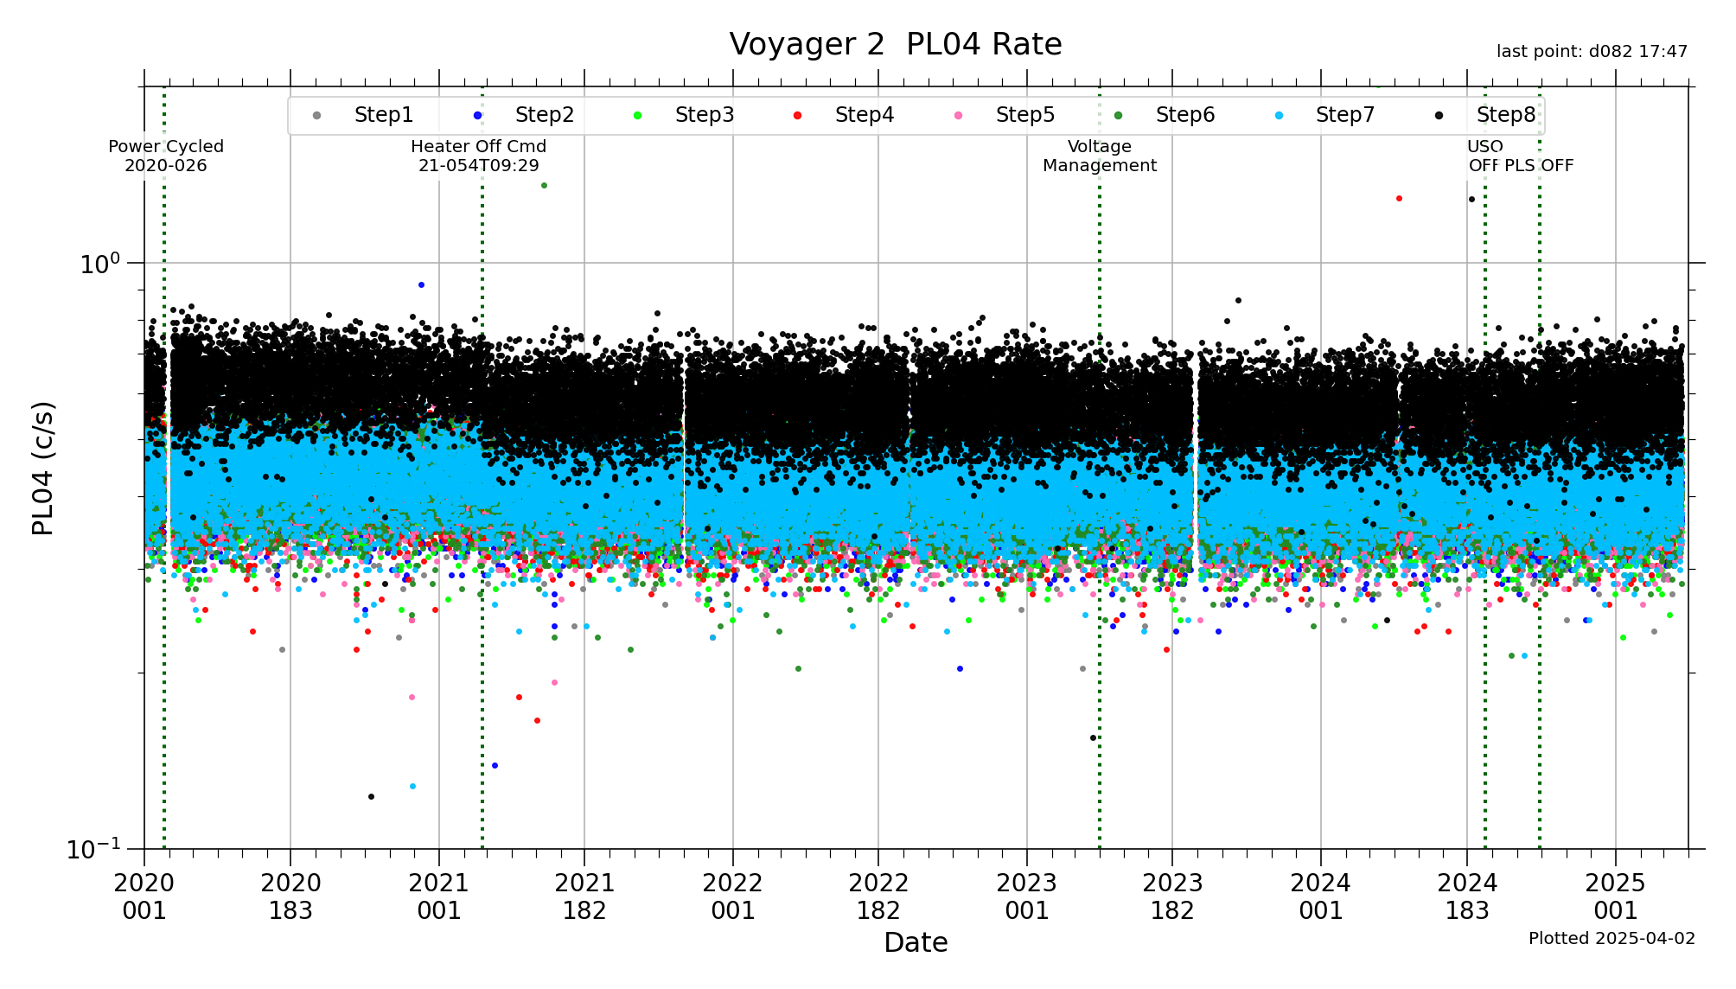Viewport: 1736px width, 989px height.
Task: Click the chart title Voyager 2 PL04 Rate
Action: [895, 44]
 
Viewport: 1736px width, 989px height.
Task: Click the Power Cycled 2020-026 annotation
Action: [166, 156]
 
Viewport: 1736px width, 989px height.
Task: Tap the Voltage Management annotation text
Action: [1099, 156]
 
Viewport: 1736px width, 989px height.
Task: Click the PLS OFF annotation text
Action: [1539, 166]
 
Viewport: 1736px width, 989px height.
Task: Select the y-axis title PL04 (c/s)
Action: [43, 468]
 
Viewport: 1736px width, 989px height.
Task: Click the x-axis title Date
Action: [916, 942]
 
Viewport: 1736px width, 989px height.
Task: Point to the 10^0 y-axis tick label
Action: [100, 264]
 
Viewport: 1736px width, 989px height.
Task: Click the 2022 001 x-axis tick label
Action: [733, 896]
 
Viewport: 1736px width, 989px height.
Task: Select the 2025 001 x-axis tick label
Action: [1616, 896]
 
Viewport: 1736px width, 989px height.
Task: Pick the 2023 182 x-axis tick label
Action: [1172, 896]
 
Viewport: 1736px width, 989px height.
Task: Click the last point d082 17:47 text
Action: [1592, 52]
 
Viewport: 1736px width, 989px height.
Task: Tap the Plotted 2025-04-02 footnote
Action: [1612, 939]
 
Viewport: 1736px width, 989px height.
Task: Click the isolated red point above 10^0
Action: [1399, 199]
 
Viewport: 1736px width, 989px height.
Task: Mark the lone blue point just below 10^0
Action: [421, 284]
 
